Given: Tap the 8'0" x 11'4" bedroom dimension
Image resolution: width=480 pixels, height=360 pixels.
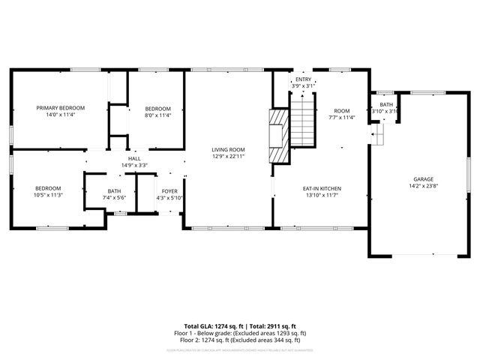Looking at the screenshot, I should tap(157, 115).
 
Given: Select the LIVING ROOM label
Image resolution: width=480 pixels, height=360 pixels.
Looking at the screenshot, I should tap(229, 150).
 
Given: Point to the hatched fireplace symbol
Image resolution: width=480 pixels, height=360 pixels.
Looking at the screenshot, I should tap(278, 136).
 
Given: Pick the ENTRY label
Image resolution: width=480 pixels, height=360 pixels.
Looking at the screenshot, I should tap(303, 79).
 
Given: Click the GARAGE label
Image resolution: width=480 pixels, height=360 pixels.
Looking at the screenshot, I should tap(422, 178).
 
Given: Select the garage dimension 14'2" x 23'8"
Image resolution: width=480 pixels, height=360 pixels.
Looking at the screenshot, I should tap(422, 186).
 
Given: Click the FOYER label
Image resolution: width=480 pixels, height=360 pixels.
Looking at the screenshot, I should tap(169, 191).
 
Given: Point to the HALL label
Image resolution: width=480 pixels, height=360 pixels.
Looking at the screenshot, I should tap(134, 158).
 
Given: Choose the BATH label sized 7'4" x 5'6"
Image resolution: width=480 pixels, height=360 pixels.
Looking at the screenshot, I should tap(114, 191).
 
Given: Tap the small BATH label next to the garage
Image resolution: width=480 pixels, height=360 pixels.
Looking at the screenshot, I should tap(385, 104).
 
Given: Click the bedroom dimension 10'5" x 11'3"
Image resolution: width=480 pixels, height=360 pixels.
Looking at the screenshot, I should tap(48, 195).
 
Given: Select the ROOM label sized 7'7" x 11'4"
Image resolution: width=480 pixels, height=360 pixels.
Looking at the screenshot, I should tap(342, 110).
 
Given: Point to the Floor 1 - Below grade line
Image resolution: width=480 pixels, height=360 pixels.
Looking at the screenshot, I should tap(240, 333).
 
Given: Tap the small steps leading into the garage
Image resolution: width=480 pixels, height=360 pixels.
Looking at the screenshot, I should tap(379, 135).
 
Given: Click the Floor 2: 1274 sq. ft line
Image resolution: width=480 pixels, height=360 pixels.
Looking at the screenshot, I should tap(240, 340).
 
